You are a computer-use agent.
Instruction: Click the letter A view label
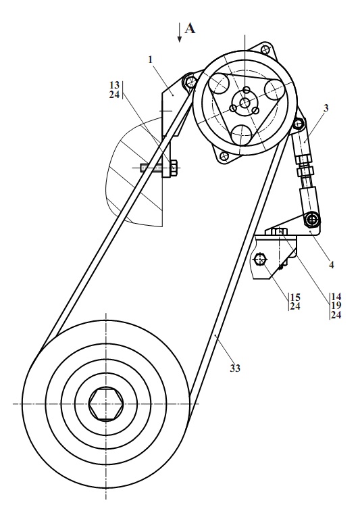pyautogui.click(x=190, y=28)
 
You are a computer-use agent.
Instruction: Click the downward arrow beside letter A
pyautogui.click(x=179, y=33)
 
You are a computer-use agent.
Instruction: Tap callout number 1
pyautogui.click(x=150, y=59)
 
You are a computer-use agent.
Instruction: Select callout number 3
pyautogui.click(x=326, y=107)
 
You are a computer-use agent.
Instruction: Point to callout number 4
pyautogui.click(x=331, y=265)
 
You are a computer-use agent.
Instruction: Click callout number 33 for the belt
pyautogui.click(x=235, y=368)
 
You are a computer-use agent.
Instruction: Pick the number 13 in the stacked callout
pyautogui.click(x=115, y=85)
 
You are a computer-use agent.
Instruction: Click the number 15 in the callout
pyautogui.click(x=295, y=297)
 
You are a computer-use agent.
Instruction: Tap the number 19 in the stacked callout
pyautogui.click(x=336, y=306)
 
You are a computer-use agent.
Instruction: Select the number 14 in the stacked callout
pyautogui.click(x=336, y=296)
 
